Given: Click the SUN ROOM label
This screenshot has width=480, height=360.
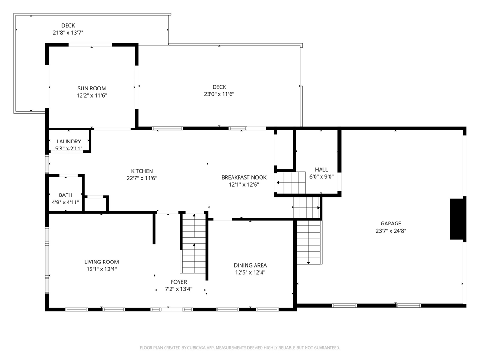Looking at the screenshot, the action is coord(91,88).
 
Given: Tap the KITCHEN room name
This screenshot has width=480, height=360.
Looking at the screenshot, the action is coord(142,171).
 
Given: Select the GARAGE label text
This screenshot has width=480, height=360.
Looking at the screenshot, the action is coord(390,224).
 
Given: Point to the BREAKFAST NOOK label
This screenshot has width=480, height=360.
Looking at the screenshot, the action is coord(244,177).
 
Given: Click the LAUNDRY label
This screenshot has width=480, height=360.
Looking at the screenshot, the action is coord(69,142).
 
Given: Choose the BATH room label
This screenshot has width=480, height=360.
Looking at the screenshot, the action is coord(66,195).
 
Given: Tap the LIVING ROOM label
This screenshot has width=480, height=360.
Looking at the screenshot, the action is coord(102,262).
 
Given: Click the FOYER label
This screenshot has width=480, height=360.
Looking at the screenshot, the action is coord(179,282).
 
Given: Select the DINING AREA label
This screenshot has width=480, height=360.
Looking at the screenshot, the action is coord(250,265).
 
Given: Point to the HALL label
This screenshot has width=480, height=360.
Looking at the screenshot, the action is coord(322,169).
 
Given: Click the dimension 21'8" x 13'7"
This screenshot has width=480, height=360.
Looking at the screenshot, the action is coord(68,32).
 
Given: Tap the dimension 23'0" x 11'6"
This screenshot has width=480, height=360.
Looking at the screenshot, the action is coord(219,94).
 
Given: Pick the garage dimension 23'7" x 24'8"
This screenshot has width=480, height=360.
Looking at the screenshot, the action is coord(391,231).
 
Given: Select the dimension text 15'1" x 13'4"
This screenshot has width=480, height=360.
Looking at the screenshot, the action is coord(102,269).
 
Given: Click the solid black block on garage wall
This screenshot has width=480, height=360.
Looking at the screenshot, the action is coord(457,219).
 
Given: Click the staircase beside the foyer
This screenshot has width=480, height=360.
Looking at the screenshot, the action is coord(194,243).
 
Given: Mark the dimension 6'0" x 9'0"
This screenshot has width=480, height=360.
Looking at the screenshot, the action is coord(322,177).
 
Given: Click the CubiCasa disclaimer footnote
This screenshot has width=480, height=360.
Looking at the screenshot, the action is coord(240,348).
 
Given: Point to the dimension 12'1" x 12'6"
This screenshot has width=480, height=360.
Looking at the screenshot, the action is coord(244,185).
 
